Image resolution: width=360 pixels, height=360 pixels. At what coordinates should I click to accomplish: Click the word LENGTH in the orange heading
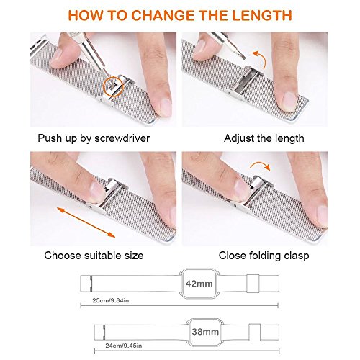coord(262,15)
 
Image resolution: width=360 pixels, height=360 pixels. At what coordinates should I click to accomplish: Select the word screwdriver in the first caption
coord(122,138)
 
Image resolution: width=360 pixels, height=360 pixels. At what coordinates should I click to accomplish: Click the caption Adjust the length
coord(264,138)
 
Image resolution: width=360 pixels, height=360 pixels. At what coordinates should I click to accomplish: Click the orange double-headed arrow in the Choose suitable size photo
coord(86,222)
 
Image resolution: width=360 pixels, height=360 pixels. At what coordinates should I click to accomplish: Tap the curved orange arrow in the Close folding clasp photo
coord(261,164)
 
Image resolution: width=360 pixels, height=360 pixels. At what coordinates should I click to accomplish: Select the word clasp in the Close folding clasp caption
coord(297,256)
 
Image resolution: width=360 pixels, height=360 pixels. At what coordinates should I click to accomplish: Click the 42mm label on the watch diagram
coord(199,284)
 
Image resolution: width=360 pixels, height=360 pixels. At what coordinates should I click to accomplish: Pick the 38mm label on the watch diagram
coord(205,332)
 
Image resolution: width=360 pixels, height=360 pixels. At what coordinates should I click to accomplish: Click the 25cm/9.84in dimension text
coord(111,300)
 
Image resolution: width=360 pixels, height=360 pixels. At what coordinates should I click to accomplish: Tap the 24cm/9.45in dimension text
coord(124,346)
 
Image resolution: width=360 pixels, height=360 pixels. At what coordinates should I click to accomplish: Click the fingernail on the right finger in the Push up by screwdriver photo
coord(166,107)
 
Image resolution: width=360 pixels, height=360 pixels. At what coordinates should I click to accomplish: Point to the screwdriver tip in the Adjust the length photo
coord(243,57)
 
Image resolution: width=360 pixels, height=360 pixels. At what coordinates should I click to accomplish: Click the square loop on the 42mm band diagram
coord(253,284)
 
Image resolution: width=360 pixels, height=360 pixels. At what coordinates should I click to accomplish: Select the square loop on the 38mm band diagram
coord(255,333)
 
